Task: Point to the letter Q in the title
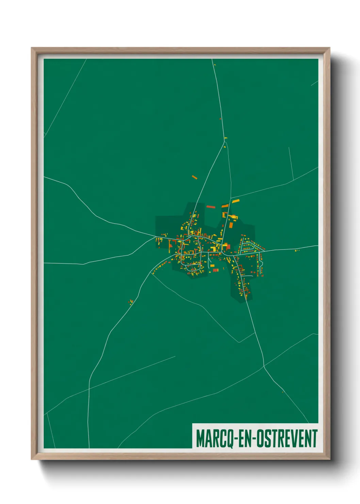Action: coord(229,439)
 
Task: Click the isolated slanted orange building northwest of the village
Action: coord(194,177)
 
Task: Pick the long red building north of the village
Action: coord(211,206)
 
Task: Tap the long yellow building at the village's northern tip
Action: coord(235,201)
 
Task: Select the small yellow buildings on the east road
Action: coord(297,251)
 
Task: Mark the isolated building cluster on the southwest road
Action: coord(130,301)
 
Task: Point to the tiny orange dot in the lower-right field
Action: coord(283,392)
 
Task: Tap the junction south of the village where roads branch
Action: coord(264,367)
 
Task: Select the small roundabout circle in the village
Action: coord(189,236)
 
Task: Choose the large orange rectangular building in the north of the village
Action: coord(231,225)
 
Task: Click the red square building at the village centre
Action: coord(228,247)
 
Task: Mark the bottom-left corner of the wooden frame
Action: coord(32,459)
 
